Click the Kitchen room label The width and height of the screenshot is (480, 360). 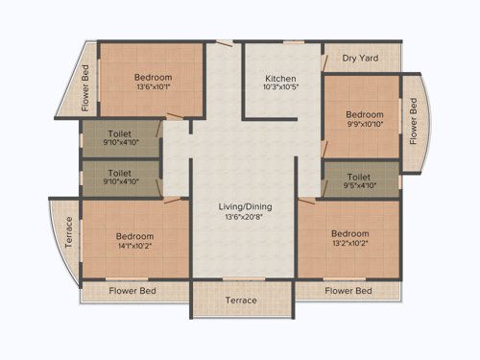point(280,78)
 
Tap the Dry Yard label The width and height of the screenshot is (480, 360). point(360,59)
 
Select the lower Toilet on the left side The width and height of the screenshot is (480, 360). point(120,178)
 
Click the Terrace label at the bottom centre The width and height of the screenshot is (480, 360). point(241,300)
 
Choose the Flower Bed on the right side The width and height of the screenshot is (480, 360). point(414,123)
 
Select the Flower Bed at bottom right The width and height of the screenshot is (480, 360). point(348,290)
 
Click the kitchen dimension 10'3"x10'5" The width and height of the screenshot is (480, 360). point(280,88)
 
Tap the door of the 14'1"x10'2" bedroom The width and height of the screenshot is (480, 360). point(173,200)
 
